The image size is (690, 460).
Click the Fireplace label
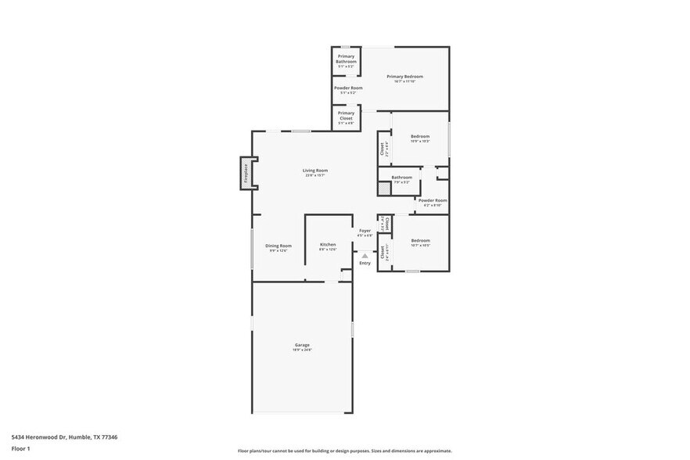pos(246,173)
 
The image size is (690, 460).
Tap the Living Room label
pos(315,170)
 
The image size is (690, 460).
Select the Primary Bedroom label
pos(404,76)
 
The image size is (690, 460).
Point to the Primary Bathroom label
pos(346,59)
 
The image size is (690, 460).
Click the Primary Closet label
pos(346,115)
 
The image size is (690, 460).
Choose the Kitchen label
pos(328,244)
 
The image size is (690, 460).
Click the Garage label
pos(302,345)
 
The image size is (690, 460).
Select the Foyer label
pos(365,230)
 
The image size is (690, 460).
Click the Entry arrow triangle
pos(365,255)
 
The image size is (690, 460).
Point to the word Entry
pos(365,263)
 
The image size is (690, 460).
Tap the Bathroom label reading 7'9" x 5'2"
pos(401,177)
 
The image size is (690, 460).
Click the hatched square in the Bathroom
pos(383,189)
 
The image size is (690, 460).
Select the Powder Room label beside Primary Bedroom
pos(348,88)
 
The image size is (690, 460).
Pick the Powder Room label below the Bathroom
pos(432,200)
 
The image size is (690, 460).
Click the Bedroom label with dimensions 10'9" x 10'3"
pos(420,136)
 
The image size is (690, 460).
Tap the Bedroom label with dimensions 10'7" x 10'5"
pos(420,240)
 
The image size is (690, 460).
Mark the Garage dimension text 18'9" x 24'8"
pos(302,350)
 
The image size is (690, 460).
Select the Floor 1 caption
pos(20,448)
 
